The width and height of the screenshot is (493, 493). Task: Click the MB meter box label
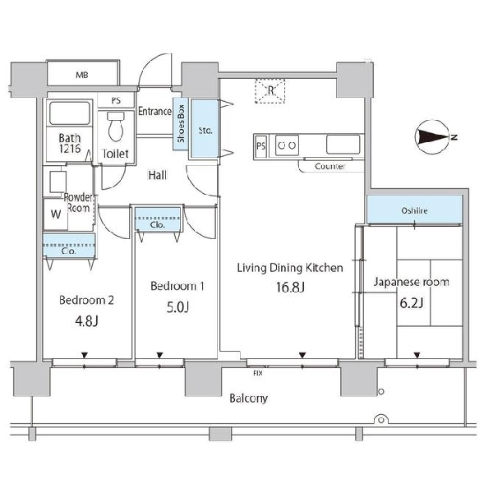pyautogui.click(x=82, y=75)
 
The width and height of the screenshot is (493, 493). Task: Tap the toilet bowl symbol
pyautogui.click(x=116, y=127)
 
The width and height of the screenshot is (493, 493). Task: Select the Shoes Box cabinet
pyautogui.click(x=181, y=123)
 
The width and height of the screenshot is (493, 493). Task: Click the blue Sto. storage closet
pyautogui.click(x=205, y=128)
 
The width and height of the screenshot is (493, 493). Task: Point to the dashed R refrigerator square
pyautogui.click(x=270, y=91)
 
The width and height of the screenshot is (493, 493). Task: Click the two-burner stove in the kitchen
pyautogui.click(x=287, y=145)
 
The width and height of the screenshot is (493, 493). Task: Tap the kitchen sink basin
pyautogui.click(x=343, y=145)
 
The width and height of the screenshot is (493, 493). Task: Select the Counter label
pyautogui.click(x=330, y=166)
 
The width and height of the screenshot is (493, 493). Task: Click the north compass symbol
pyautogui.click(x=432, y=137)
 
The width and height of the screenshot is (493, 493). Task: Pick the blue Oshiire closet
pyautogui.click(x=414, y=210)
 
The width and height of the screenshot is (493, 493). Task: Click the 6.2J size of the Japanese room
pyautogui.click(x=412, y=302)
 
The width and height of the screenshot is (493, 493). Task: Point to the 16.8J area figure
pyautogui.click(x=290, y=287)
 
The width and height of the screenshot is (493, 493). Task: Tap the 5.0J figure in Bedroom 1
pyautogui.click(x=177, y=307)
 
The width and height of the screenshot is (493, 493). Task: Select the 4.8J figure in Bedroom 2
pyautogui.click(x=87, y=321)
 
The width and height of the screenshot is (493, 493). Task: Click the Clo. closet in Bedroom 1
pyautogui.click(x=158, y=219)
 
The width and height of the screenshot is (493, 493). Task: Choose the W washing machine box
pyautogui.click(x=56, y=214)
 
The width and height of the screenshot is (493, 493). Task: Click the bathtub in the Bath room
pyautogui.click(x=70, y=113)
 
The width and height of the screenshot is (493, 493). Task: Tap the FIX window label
pyautogui.click(x=258, y=373)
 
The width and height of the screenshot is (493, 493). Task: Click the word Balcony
pyautogui.click(x=249, y=399)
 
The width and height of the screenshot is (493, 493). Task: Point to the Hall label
pyautogui.click(x=158, y=175)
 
